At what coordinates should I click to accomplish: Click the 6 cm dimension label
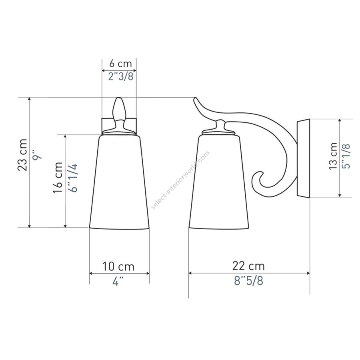coord(120,64)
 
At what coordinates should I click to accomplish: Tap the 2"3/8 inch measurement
coord(121,76)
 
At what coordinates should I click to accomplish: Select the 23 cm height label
coord(22,155)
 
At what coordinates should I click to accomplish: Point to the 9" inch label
coord(37,155)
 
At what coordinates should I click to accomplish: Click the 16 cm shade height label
coord(58,178)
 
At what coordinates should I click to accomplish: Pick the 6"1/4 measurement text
coord(74,178)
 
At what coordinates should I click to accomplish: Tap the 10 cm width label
coord(118,266)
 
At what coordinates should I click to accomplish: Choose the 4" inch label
coord(118,281)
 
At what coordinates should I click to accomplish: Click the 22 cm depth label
coord(248,266)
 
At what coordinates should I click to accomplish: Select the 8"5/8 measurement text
coord(248,280)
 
